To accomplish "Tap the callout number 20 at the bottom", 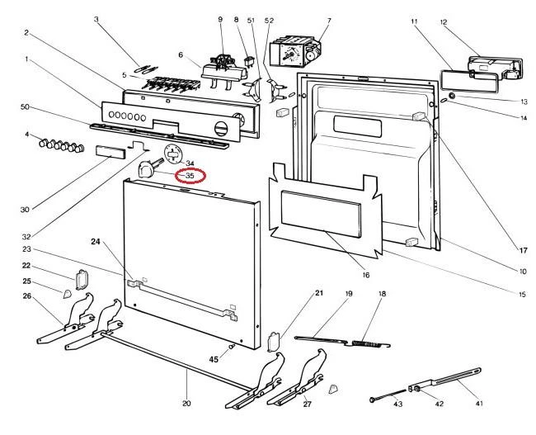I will coord(186,404).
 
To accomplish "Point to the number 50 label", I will coord(25,107).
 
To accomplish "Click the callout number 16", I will coord(365,275).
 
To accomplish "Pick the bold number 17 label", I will coord(522,250).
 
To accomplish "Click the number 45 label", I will coord(213,359).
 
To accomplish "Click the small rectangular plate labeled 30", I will coord(110,153).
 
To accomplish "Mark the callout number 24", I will coord(95,243).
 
